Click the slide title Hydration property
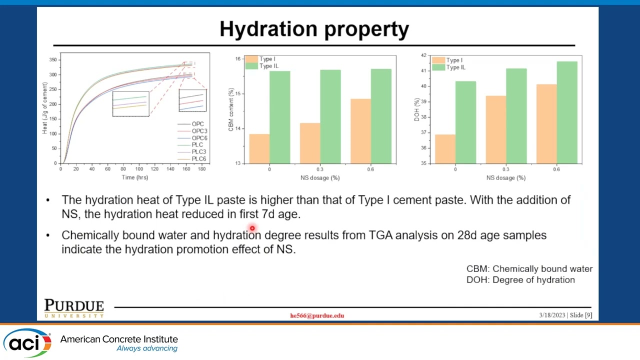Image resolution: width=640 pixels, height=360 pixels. [314, 29]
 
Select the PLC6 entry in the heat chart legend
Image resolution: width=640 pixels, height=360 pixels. [198, 159]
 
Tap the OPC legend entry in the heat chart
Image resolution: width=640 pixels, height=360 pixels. [197, 124]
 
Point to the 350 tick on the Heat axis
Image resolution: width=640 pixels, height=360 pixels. [52, 60]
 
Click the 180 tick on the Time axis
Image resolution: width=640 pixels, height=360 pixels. [201, 169]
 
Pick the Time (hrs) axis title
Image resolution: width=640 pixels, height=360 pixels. [134, 177]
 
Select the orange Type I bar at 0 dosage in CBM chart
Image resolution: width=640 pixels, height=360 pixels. [259, 148]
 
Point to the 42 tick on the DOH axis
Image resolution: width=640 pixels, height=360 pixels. [423, 55]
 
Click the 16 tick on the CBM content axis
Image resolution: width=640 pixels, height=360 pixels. [237, 59]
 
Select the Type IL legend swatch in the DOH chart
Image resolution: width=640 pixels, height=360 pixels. [438, 67]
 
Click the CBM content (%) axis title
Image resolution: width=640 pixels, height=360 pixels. [231, 110]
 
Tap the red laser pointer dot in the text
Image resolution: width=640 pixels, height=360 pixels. [252, 228]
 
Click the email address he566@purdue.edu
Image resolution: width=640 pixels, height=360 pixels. [317, 315]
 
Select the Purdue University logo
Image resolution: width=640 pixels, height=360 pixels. [74, 308]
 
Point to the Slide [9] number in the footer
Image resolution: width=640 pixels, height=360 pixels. [581, 315]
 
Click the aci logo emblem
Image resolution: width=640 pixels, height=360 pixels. [28, 342]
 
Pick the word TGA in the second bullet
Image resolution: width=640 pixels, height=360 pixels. [380, 235]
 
